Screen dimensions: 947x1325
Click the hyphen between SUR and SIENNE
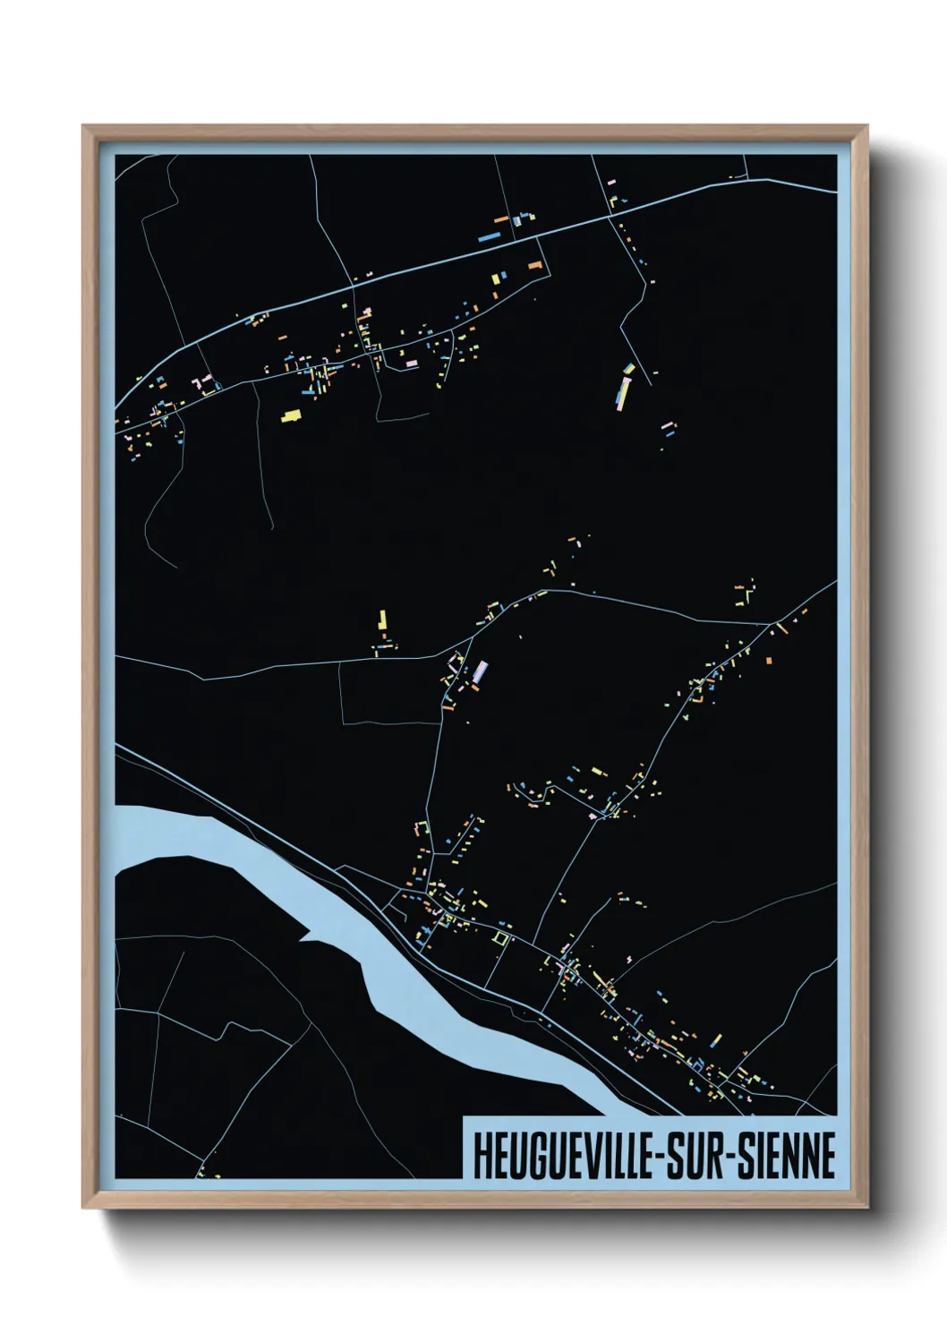click(x=736, y=1158)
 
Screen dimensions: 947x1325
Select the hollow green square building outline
click(x=500, y=937)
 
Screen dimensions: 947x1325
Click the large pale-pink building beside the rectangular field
click(x=481, y=672)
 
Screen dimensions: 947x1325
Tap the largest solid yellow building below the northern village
click(x=290, y=415)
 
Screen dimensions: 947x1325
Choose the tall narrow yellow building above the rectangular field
click(x=383, y=620)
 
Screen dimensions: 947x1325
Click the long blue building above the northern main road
click(x=489, y=238)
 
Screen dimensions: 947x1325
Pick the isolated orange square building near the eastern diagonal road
click(x=768, y=661)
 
